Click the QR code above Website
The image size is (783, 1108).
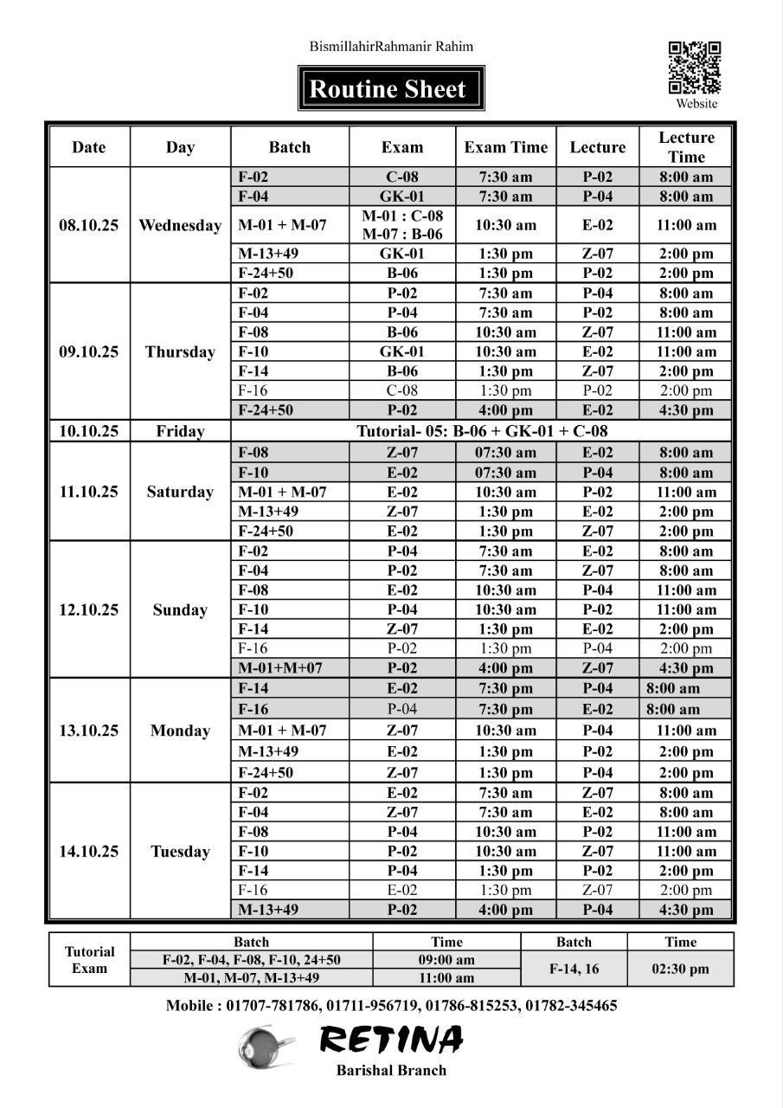click(x=695, y=68)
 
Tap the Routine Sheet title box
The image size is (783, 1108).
click(x=391, y=88)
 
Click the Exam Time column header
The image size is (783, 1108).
click(x=505, y=147)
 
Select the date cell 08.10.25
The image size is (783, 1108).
click(x=89, y=225)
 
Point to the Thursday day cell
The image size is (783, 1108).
click(x=180, y=351)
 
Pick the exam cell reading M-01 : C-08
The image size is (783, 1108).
click(x=402, y=216)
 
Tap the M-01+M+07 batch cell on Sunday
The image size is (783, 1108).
click(x=280, y=667)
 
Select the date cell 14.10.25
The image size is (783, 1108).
click(x=89, y=851)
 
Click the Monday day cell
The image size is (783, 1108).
click(x=180, y=731)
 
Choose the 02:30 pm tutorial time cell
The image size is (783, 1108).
click(x=680, y=969)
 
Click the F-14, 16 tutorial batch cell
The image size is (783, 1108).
click(x=574, y=969)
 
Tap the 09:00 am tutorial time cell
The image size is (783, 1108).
click(x=446, y=960)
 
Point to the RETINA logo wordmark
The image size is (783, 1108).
click(x=391, y=1039)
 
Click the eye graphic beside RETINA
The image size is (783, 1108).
click(x=266, y=1045)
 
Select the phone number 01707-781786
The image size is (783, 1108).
click(x=273, y=1006)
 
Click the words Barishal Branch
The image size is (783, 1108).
click(x=391, y=1071)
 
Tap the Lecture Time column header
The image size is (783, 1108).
click(x=686, y=147)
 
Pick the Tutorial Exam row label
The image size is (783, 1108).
click(x=89, y=960)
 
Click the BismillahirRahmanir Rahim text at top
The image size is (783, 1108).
click(x=391, y=47)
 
